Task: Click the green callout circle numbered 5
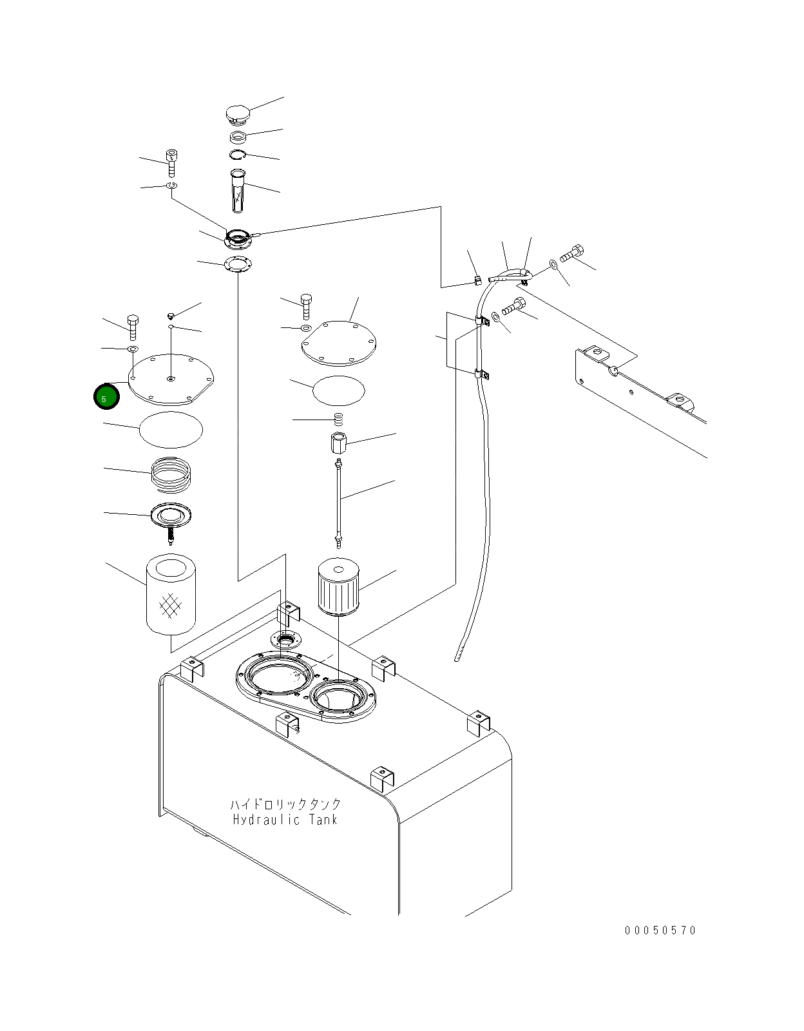(x=106, y=397)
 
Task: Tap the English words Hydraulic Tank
(x=285, y=820)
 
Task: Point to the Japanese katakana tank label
(x=285, y=804)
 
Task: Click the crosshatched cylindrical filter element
(x=171, y=595)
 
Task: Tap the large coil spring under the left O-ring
(x=171, y=475)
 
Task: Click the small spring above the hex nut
(x=339, y=419)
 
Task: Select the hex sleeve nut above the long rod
(x=338, y=443)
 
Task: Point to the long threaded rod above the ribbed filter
(x=339, y=503)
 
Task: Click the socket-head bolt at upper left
(x=171, y=163)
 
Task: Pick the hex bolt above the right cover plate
(x=307, y=306)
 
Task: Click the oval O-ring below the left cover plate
(x=171, y=429)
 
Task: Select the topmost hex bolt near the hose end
(x=572, y=254)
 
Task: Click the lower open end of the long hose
(x=456, y=659)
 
